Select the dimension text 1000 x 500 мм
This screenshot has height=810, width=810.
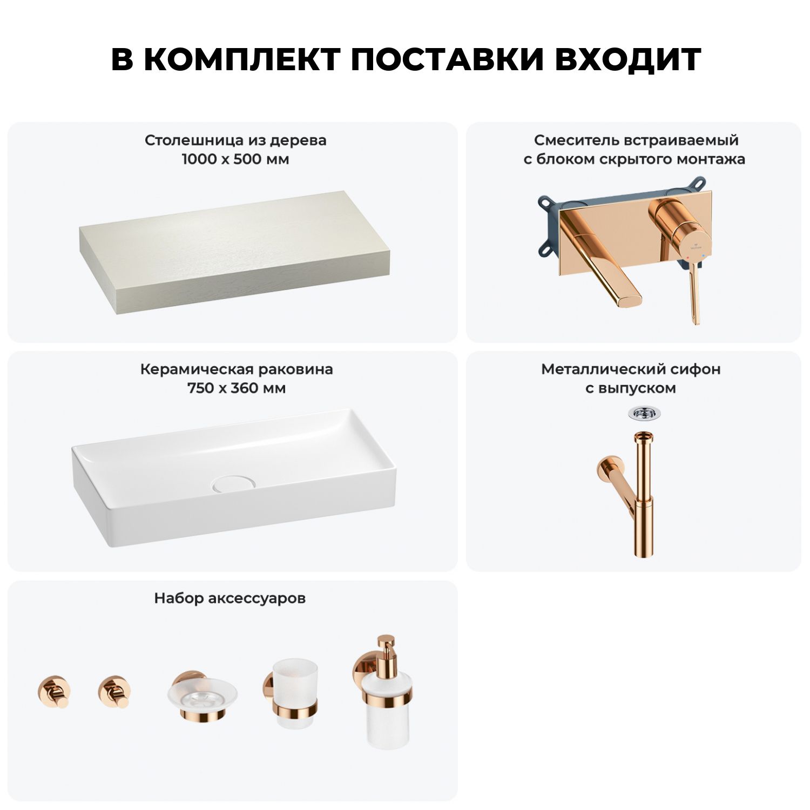(235, 159)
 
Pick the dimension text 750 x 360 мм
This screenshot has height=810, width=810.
(237, 388)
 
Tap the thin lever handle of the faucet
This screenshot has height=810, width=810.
(694, 294)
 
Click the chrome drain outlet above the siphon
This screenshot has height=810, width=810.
(644, 414)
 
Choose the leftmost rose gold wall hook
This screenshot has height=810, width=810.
(53, 691)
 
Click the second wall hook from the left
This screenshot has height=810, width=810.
(114, 691)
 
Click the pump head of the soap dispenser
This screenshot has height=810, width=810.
(386, 647)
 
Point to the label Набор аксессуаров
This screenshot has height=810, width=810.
(230, 598)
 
